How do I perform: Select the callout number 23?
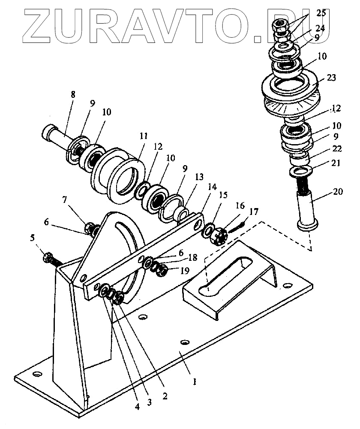[x=331, y=79]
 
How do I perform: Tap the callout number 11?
[x=144, y=136]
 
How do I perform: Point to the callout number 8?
[x=72, y=94]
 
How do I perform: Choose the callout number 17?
[x=254, y=211]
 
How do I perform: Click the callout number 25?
[x=321, y=13]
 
